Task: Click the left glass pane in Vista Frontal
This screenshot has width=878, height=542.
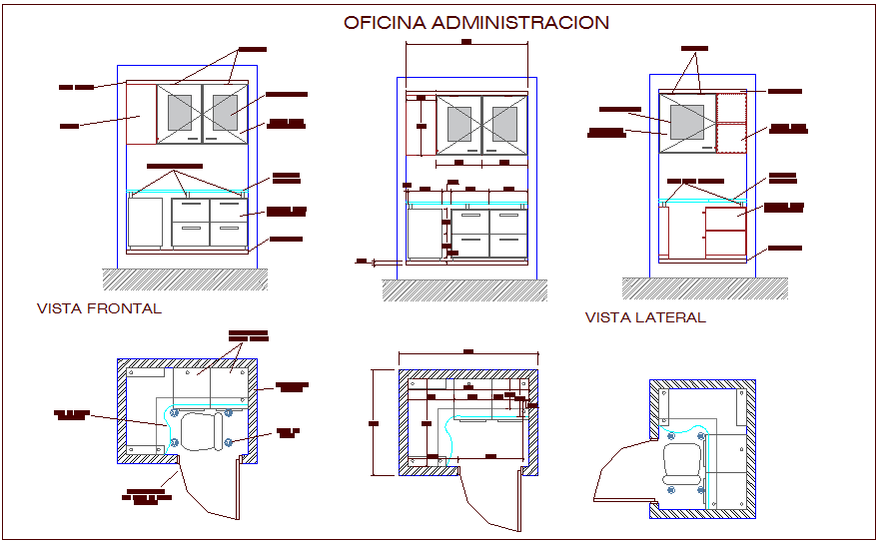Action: pos(181,112)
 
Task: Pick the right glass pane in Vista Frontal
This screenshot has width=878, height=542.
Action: pos(225,112)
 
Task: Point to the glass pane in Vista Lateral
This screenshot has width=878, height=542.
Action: pos(687,122)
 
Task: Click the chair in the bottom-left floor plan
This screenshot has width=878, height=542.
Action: pos(202,431)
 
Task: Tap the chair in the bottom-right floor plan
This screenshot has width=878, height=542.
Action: pos(684,464)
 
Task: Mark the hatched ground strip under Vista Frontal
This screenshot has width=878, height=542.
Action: pos(185,278)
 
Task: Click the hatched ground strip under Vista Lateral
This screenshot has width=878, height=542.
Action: pos(704,287)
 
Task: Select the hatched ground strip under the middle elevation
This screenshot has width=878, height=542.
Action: pos(464,289)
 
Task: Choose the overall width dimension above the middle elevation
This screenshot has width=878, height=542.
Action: pos(466,43)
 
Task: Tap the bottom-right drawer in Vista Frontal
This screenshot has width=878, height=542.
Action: pos(229,235)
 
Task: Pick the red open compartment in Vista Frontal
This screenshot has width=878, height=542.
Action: pos(141,115)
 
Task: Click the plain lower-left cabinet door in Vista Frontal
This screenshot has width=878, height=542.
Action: pos(146,221)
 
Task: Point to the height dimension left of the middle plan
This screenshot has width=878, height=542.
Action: pos(375,423)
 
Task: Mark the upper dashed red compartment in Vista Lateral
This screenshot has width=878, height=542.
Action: pos(732,108)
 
